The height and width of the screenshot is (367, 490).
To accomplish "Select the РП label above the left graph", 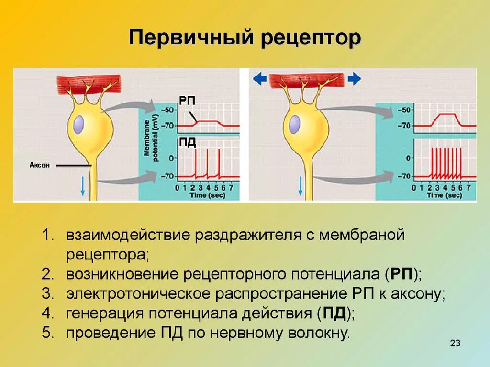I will (187, 100).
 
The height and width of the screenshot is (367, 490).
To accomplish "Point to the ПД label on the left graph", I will (188, 142).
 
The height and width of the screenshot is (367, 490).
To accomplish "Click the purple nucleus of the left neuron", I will (79, 125).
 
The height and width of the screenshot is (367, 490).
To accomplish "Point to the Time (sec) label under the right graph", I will (445, 195).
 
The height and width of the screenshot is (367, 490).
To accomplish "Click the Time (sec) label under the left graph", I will (208, 195).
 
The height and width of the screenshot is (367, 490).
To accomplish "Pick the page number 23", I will (455, 343).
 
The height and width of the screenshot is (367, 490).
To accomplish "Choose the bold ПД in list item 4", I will (334, 313).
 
